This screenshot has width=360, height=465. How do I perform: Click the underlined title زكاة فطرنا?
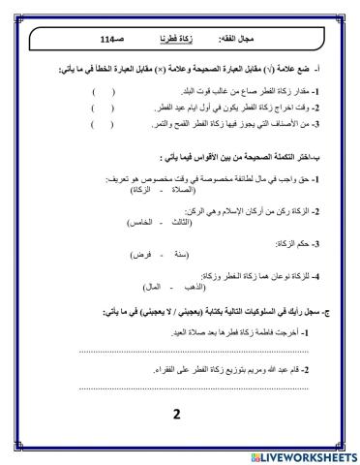tap(172, 40)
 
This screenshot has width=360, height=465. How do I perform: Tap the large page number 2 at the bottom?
tap(177, 416)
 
